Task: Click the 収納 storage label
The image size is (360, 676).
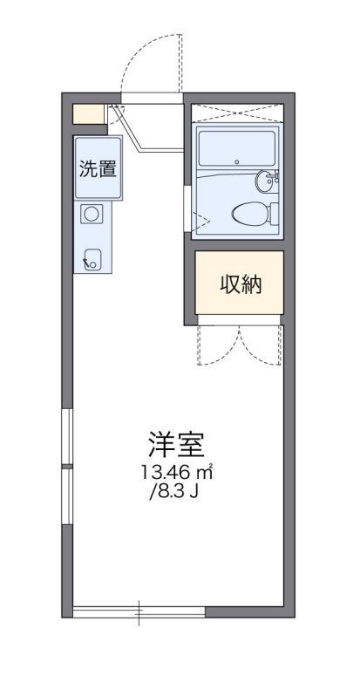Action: [240, 283]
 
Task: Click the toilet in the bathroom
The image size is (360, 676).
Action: [252, 212]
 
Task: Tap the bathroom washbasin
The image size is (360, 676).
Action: [266, 181]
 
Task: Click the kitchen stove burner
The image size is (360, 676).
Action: [92, 212]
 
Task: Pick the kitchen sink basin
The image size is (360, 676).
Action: [92, 257]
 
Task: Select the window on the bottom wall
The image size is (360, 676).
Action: [139, 611]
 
